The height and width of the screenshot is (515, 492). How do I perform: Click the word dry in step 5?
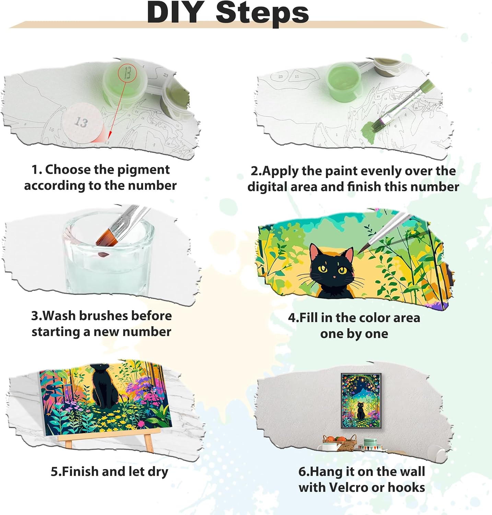158,472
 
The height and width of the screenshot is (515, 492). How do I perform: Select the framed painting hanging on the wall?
361,400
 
